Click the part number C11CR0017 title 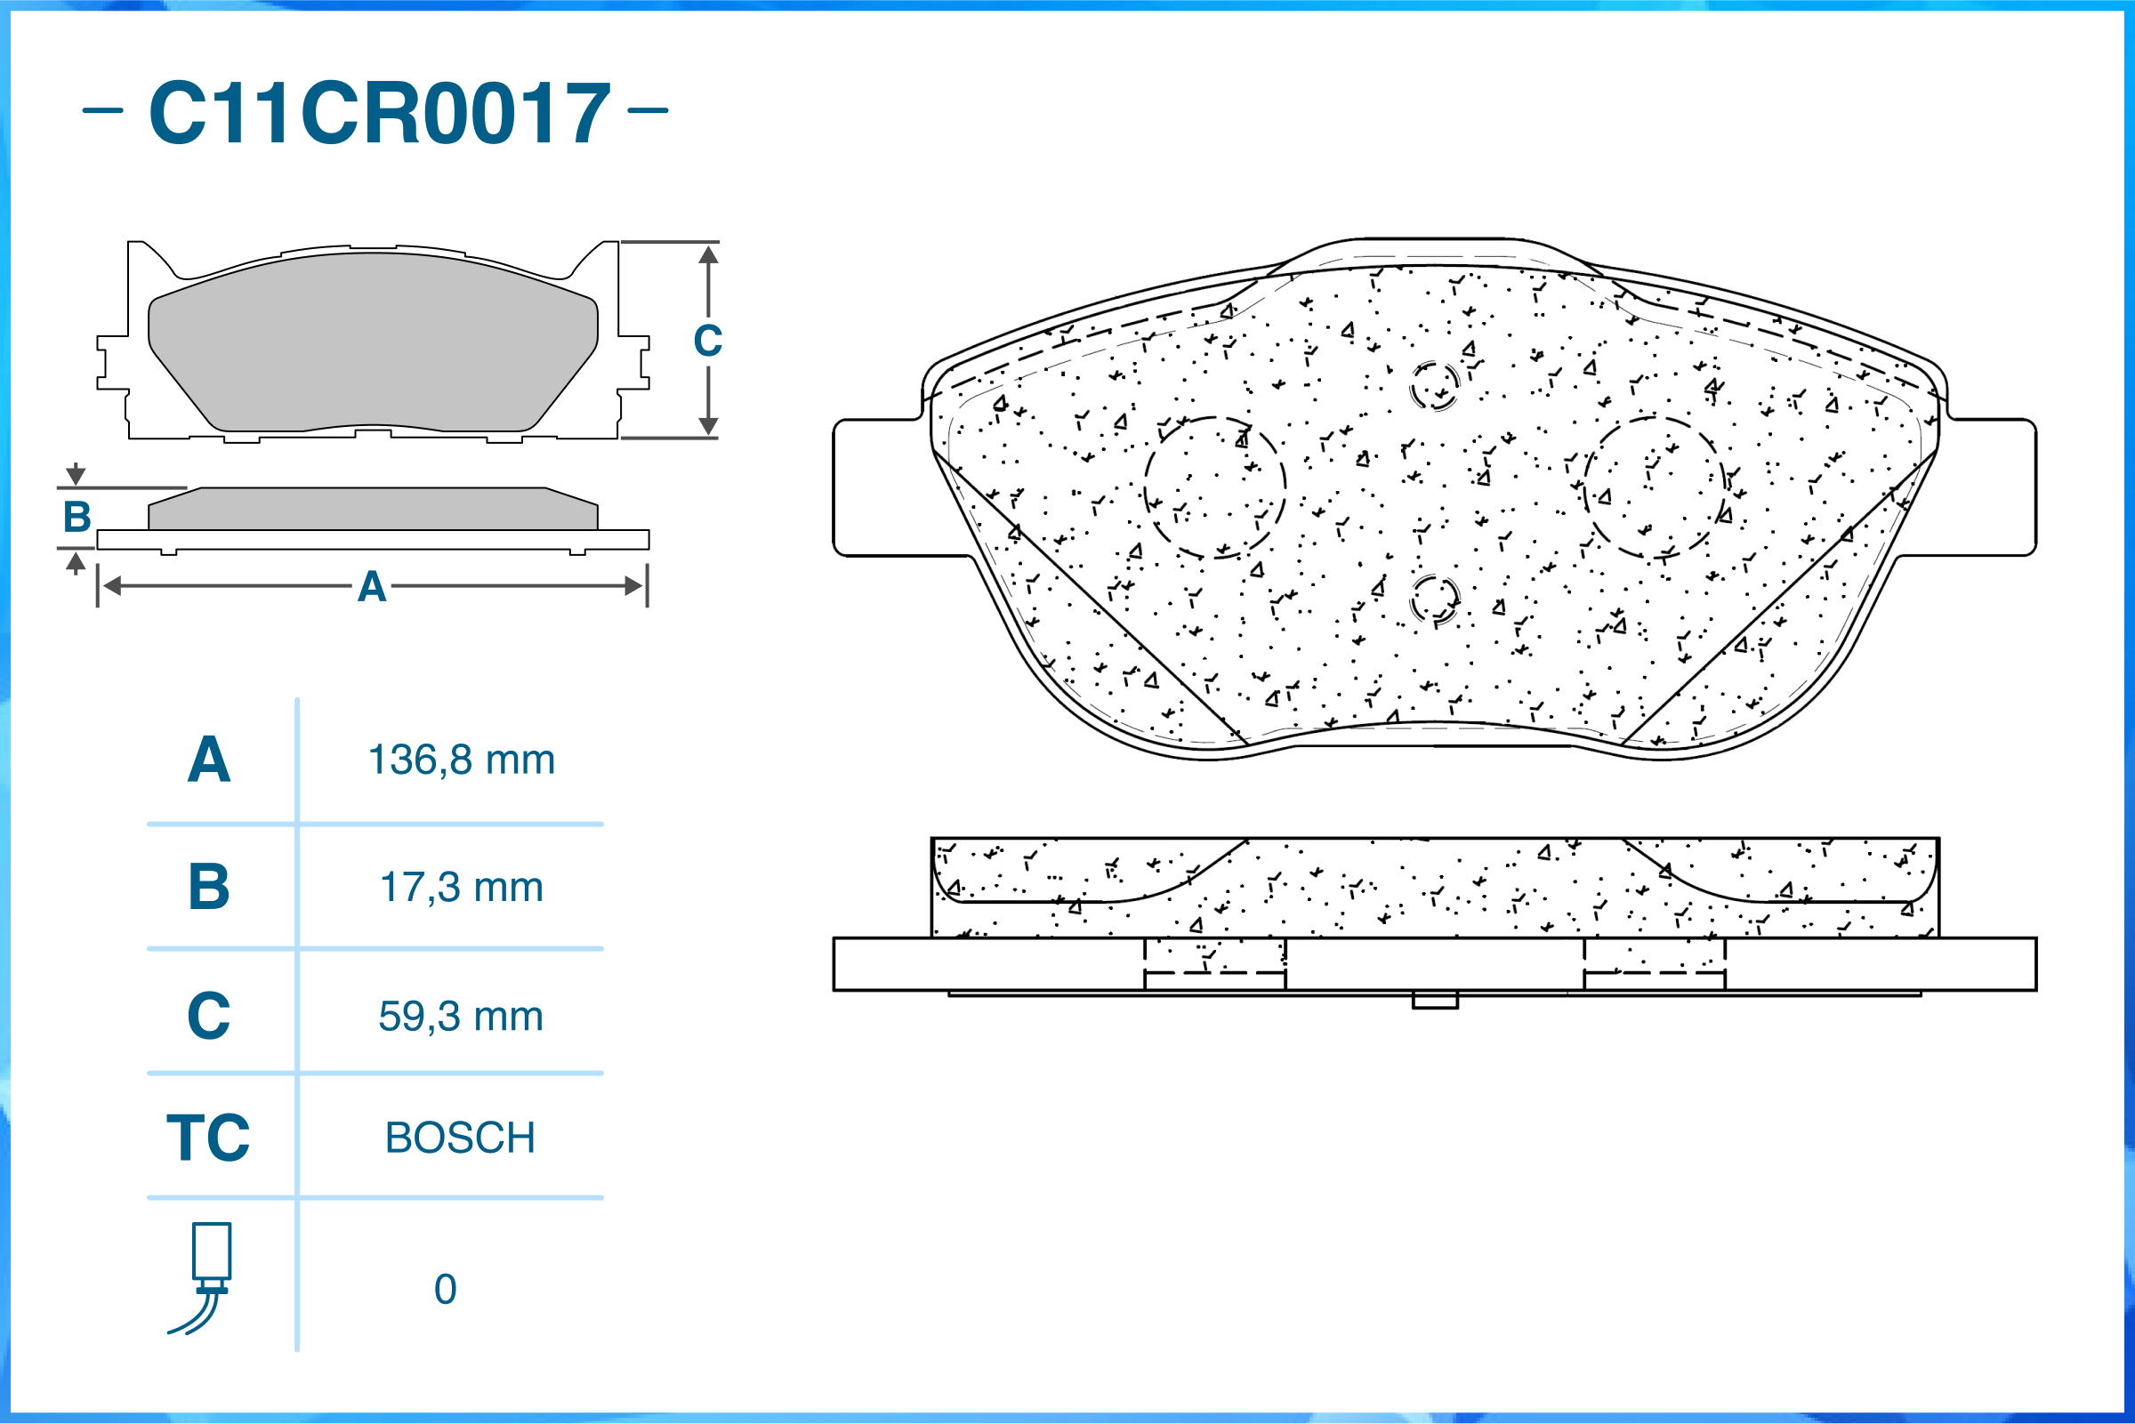(x=380, y=113)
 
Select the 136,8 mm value (x=462, y=760)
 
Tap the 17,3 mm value (x=462, y=888)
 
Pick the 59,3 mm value (x=462, y=1017)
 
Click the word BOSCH (x=461, y=1138)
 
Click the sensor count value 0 (x=445, y=1290)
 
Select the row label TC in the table (x=208, y=1137)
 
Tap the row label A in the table (x=209, y=760)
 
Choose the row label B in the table (x=209, y=888)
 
